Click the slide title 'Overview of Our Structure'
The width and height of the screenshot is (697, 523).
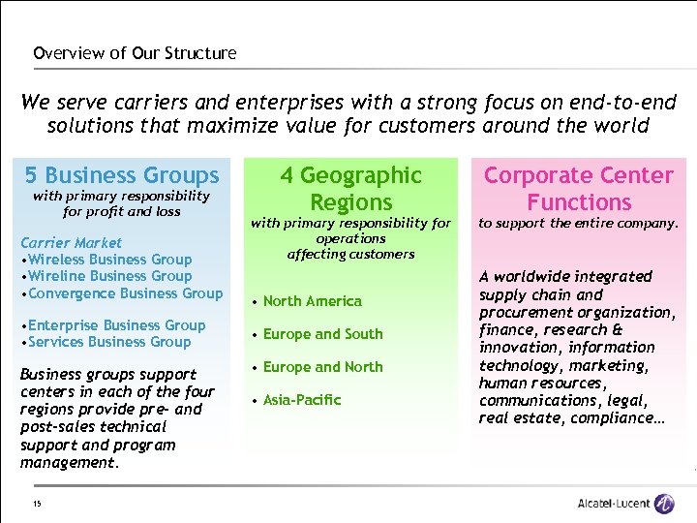[x=135, y=53]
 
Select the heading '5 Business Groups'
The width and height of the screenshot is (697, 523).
[x=122, y=175]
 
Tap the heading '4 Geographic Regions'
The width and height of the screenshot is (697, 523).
[x=350, y=189]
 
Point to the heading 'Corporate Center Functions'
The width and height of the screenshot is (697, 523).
[x=578, y=189]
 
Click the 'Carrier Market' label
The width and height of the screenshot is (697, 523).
[x=72, y=242]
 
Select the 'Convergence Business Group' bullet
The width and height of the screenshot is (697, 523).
[x=122, y=292]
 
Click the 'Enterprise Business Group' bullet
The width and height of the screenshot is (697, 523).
[x=113, y=324]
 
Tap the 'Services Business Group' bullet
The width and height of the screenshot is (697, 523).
[x=106, y=341]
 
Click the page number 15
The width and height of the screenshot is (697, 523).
[x=36, y=503]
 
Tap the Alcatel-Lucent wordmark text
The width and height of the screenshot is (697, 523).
[x=613, y=504]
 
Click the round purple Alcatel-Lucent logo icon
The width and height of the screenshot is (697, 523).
[x=664, y=504]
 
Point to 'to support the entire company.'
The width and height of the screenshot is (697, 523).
[x=578, y=223]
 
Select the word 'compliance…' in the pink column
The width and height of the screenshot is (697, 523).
[x=612, y=417]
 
